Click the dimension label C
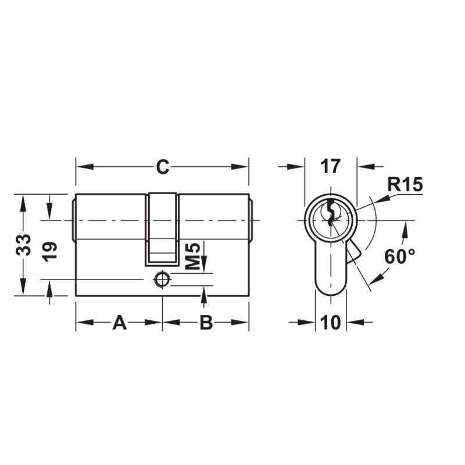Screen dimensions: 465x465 pyautogui.click(x=162, y=167)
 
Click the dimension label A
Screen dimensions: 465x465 pyautogui.click(x=119, y=322)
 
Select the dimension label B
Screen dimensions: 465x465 pyautogui.click(x=206, y=322)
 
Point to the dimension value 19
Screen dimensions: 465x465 pyautogui.click(x=51, y=251)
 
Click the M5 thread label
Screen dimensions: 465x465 pyautogui.click(x=194, y=256)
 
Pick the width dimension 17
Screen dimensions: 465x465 pyautogui.click(x=330, y=167)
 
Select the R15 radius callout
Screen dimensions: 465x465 pyautogui.click(x=405, y=185)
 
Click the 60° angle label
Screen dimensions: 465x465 pyautogui.click(x=399, y=256)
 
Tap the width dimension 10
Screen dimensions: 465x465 pyautogui.click(x=331, y=322)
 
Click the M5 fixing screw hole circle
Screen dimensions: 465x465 pyautogui.click(x=162, y=280)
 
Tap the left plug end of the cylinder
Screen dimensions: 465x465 pyautogui.click(x=74, y=220)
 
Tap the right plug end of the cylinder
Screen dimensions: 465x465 pyautogui.click(x=251, y=220)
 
